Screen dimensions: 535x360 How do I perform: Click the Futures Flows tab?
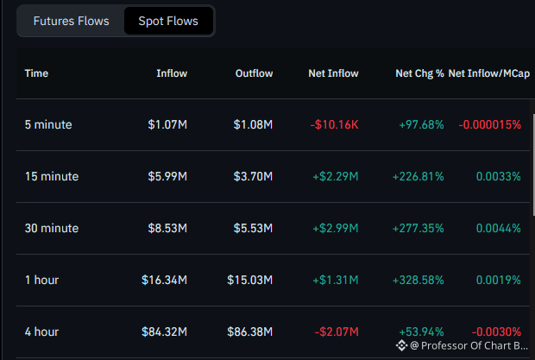coord(71,22)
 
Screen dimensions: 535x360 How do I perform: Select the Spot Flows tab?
coord(168,22)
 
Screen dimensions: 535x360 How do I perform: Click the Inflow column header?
coord(172,73)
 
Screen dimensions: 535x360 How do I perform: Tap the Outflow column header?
coord(254,73)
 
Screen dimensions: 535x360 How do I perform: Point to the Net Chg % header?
coord(419,73)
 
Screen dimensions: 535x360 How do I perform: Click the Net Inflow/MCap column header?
coord(489,73)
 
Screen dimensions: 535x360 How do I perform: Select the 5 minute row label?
coord(48,124)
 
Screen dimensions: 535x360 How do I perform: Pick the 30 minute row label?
coord(52,228)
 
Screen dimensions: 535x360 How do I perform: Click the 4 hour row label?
coord(41,332)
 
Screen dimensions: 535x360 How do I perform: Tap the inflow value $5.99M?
coord(167,176)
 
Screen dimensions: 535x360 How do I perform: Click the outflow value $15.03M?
coord(249,281)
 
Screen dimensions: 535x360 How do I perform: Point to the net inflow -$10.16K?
coord(335,124)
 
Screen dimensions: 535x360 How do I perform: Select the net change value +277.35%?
coord(418,228)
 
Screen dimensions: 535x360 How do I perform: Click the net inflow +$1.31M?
coord(336,281)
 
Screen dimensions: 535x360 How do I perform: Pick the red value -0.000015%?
coord(489,124)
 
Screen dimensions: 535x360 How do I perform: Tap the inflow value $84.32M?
coord(164,332)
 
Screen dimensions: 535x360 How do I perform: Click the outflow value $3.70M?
coord(253,176)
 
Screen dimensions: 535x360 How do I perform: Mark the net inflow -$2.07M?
coord(337,332)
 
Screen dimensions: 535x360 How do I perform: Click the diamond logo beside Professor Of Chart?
coord(401,345)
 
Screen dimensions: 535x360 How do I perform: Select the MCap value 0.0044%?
coord(498,228)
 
